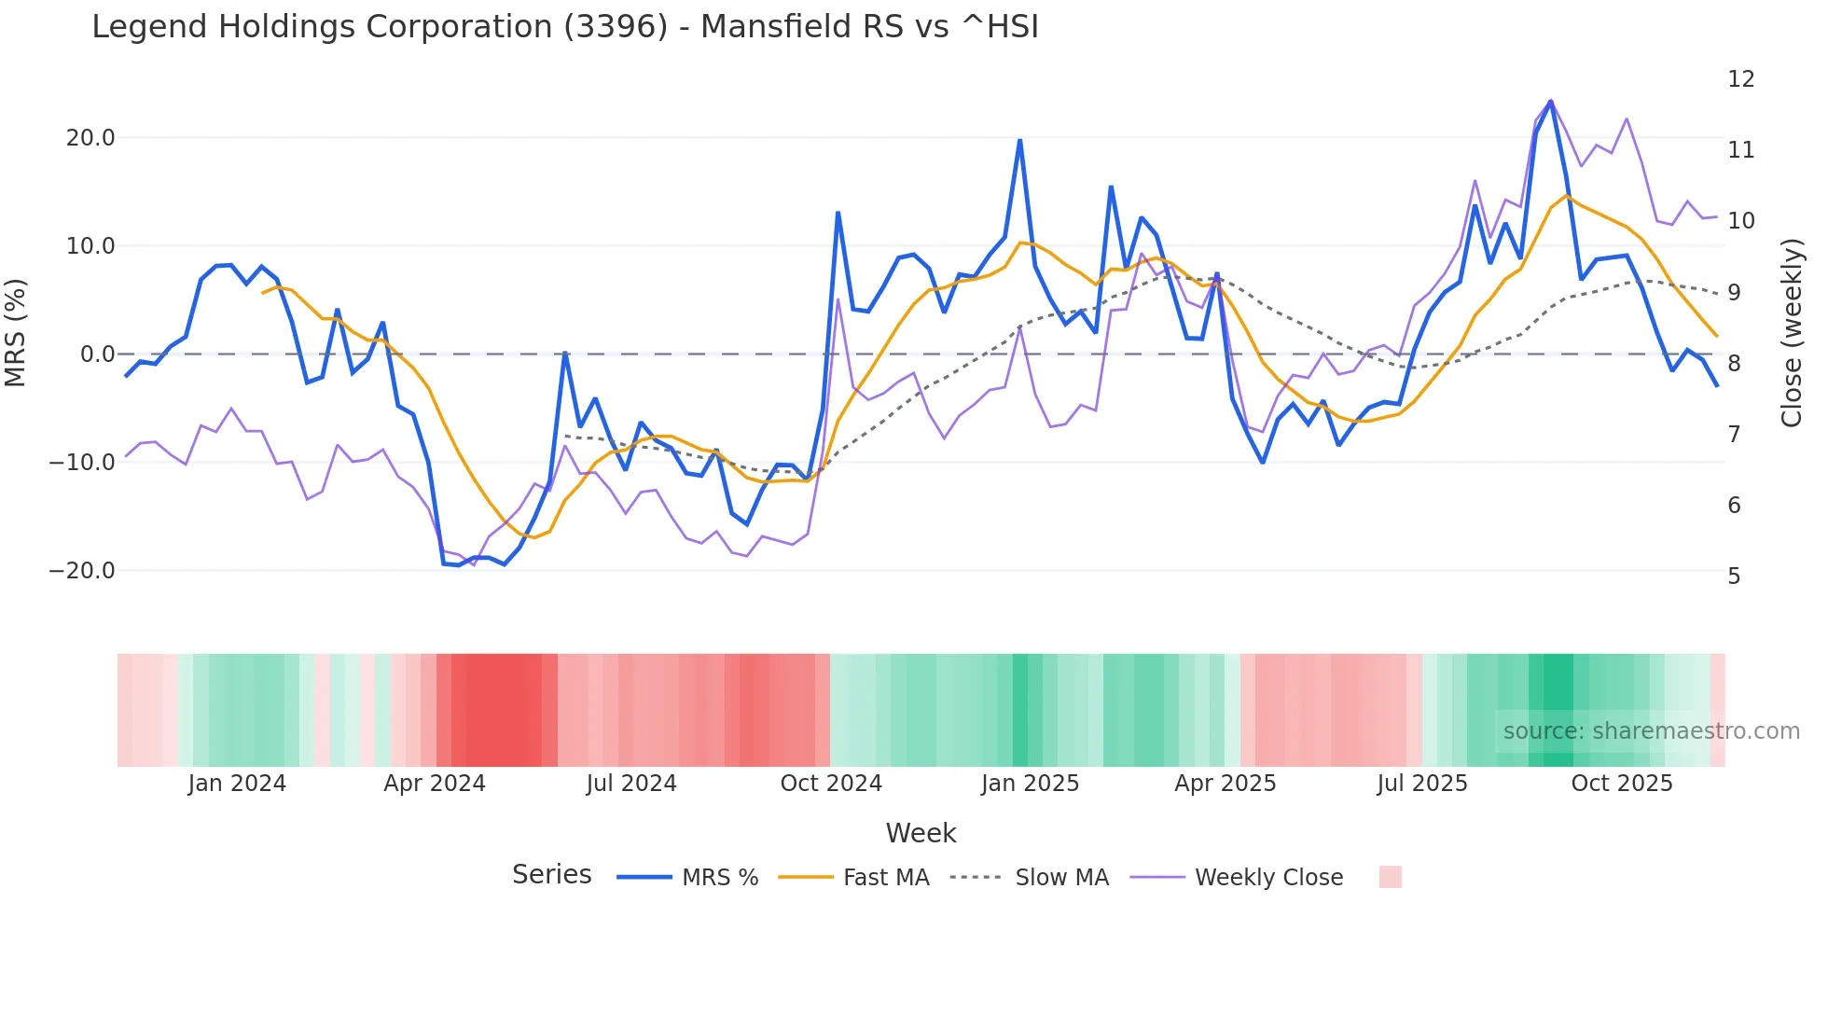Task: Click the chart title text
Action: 564,27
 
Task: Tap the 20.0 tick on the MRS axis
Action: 90,138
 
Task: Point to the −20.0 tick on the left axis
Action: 83,571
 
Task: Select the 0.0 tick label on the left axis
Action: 98,354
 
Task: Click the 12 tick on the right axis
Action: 1740,79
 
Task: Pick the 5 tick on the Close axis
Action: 1734,577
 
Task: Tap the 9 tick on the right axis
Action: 1734,292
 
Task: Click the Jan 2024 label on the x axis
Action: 237,784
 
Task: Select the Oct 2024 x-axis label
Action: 831,784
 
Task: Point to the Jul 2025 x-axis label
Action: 1422,784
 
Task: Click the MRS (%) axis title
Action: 16,333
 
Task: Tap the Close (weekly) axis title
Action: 1792,333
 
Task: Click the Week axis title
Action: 921,833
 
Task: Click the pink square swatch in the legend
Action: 1390,877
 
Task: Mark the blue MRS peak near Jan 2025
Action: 1019,141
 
